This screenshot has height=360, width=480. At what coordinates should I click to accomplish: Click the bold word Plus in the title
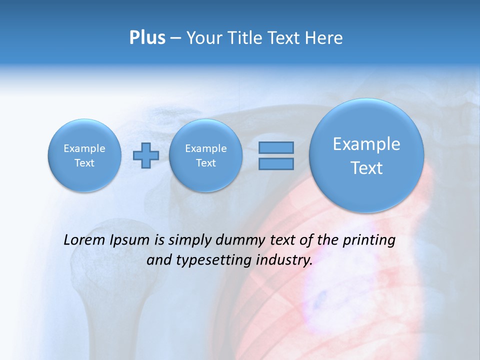click(x=147, y=38)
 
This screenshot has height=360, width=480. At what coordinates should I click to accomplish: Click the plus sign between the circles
click(x=145, y=155)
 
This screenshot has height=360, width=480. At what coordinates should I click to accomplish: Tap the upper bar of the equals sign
click(x=276, y=147)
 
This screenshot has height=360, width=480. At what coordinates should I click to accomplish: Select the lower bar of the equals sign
click(x=276, y=163)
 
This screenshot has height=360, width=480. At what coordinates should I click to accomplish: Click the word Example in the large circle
click(x=366, y=144)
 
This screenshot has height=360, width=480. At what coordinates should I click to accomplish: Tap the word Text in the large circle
click(x=366, y=168)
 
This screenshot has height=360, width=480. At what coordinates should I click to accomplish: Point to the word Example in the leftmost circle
click(x=84, y=148)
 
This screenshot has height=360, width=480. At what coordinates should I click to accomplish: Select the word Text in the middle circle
click(x=205, y=163)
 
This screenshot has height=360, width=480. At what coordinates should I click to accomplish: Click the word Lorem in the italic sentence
click(x=84, y=240)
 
